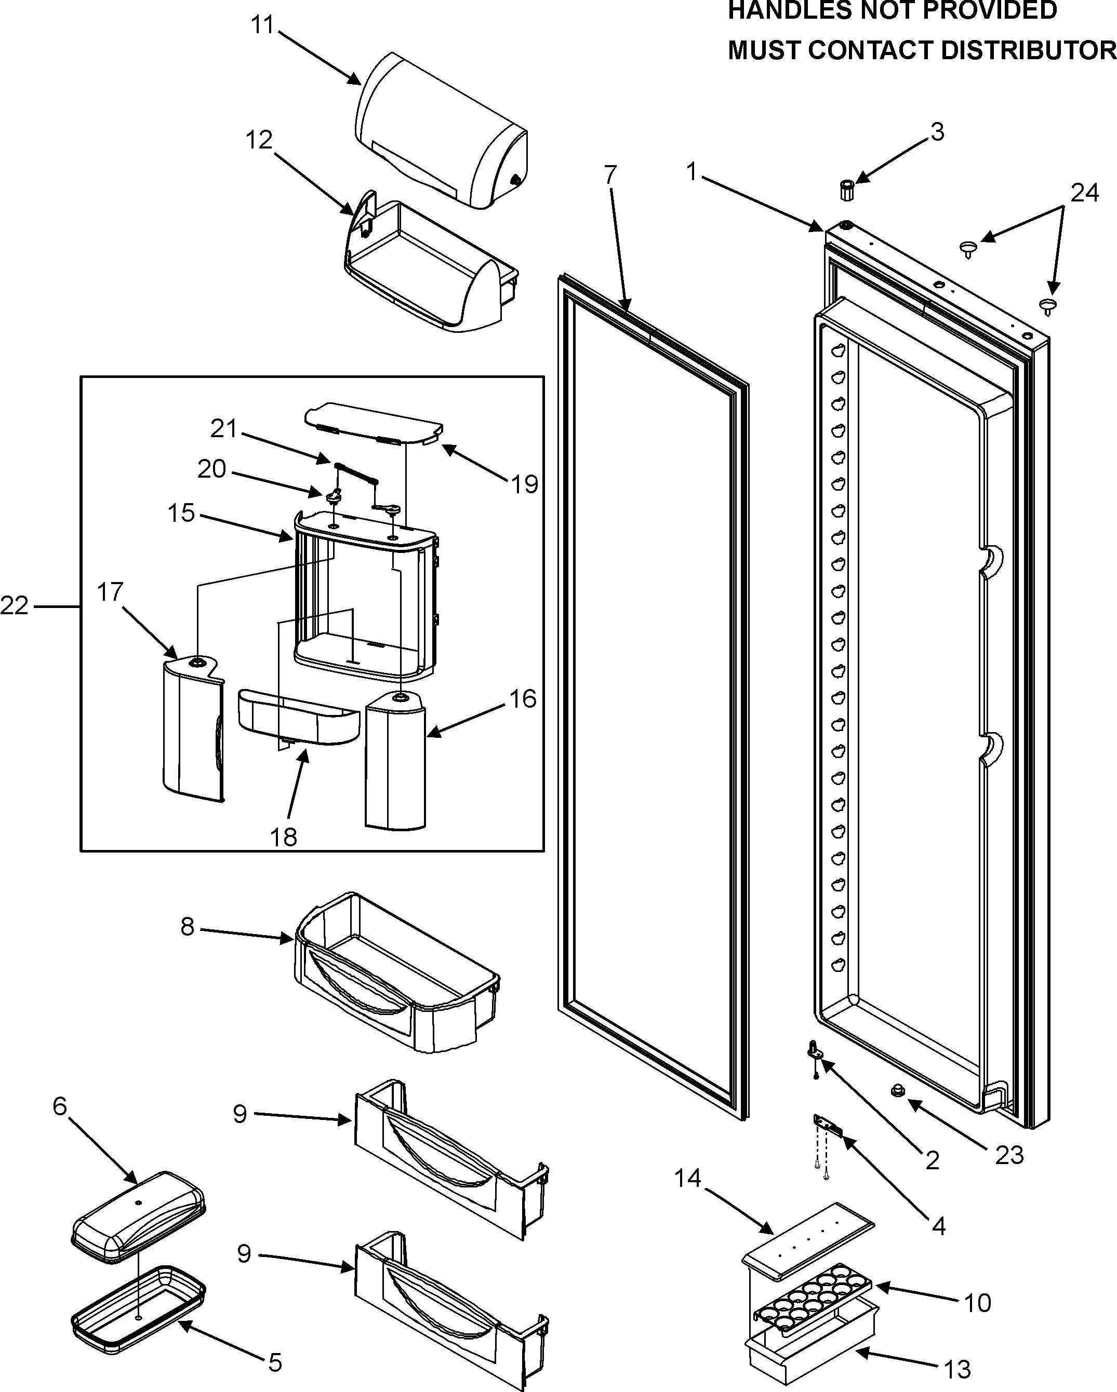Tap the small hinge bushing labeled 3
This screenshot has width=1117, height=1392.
846,191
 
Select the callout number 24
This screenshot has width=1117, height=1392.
1084,193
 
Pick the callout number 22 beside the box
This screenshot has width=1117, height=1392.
14,605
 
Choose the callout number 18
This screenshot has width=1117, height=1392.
284,837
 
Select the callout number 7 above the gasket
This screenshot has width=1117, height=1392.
610,174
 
